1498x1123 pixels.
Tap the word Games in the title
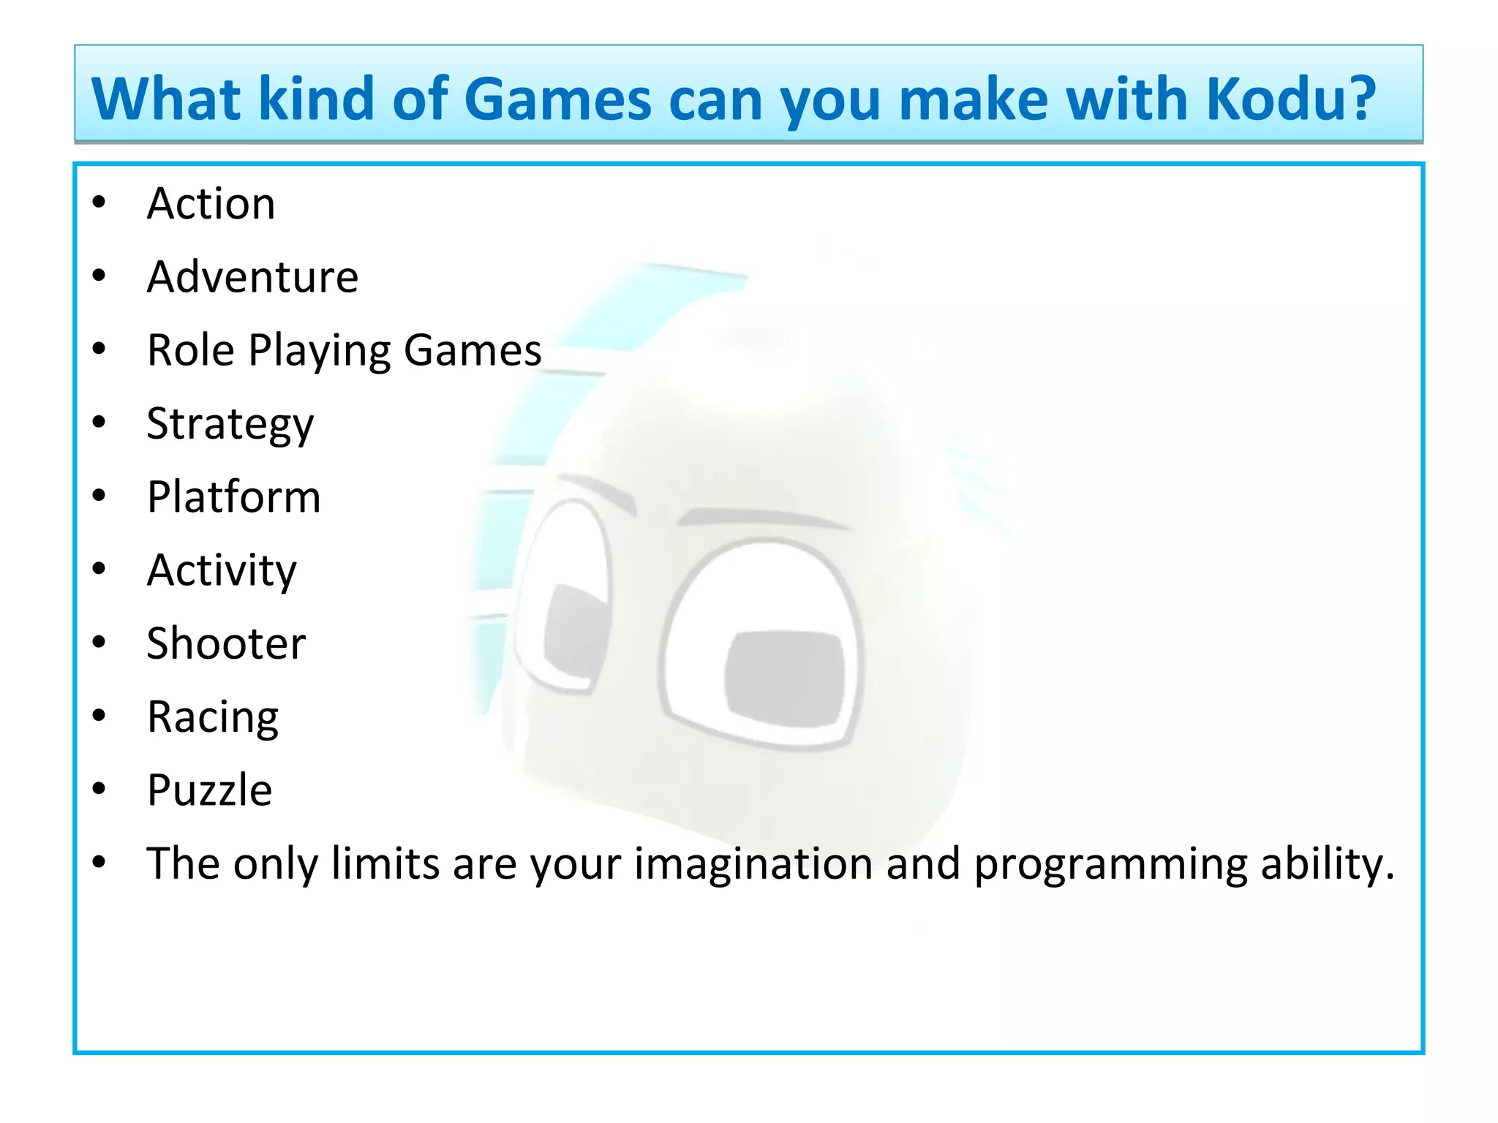[557, 99]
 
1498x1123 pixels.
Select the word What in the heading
[166, 99]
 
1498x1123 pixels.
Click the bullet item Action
[211, 203]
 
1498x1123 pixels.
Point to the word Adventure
[252, 277]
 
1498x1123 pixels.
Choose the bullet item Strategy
[230, 424]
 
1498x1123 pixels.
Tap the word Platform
[233, 497]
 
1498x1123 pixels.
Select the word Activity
[222, 570]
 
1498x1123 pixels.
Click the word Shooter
[226, 643]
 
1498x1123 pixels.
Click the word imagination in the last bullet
[753, 864]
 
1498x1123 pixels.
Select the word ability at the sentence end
[1327, 864]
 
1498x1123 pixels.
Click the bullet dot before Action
[99, 203]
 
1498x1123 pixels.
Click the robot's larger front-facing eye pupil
[784, 678]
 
